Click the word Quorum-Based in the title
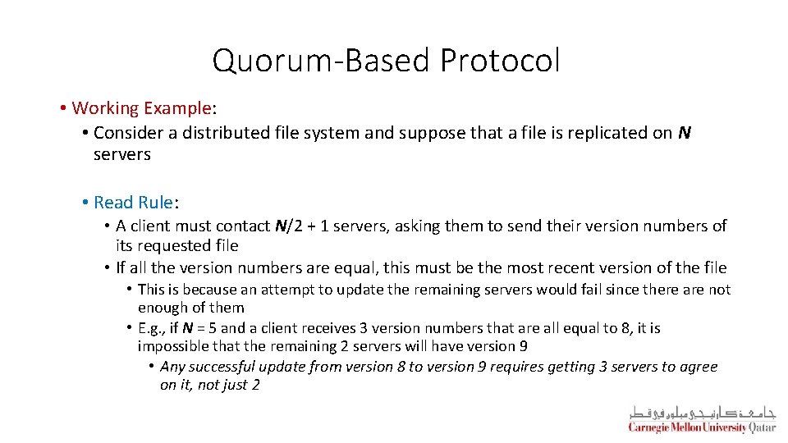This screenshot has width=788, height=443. point(322,61)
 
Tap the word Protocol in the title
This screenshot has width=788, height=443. point(500,61)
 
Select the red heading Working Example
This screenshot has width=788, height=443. point(142,108)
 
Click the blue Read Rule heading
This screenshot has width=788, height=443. point(133,202)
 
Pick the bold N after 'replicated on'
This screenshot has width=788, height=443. point(684,133)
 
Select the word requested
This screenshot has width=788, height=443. point(175,245)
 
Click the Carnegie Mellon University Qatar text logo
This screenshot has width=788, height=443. point(702,427)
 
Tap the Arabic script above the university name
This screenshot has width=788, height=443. point(702,413)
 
